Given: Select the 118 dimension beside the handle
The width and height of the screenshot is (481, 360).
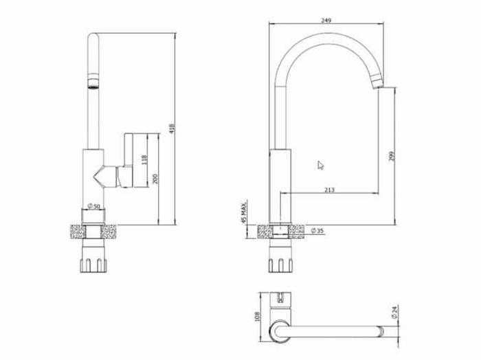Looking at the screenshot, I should pos(144,159).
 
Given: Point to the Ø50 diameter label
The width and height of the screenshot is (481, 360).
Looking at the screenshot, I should pos(94,207).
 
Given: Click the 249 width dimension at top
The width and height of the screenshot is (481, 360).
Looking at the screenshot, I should pos(326,21).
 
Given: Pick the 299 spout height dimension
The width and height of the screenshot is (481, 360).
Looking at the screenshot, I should pos(392,157).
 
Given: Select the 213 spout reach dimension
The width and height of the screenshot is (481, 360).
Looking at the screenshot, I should pos(329,190).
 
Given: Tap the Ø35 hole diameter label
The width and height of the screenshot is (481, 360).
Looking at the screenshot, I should pos(317,230).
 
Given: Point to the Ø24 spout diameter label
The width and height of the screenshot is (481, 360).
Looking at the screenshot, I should pos(394,313).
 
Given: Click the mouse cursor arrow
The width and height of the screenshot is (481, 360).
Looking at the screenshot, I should pos(320,165).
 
